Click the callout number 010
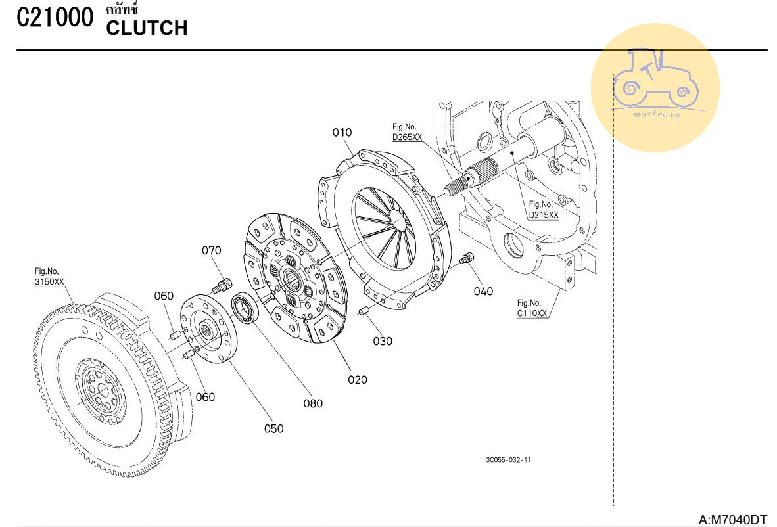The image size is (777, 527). pyautogui.click(x=342, y=133)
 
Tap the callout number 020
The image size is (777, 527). pyautogui.click(x=358, y=380)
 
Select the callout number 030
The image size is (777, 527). pyautogui.click(x=383, y=341)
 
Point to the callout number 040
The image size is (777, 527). pyautogui.click(x=483, y=291)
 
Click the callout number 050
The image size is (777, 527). pyautogui.click(x=273, y=429)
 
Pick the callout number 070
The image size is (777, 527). pyautogui.click(x=212, y=250)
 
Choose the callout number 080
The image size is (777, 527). pyautogui.click(x=313, y=403)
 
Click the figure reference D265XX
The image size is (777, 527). pyautogui.click(x=407, y=137)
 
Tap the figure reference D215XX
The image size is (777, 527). pyautogui.click(x=544, y=215)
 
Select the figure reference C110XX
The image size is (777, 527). pyautogui.click(x=532, y=313)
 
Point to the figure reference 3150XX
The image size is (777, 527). pyautogui.click(x=49, y=282)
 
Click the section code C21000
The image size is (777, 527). pyautogui.click(x=55, y=18)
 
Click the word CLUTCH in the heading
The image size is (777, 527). pyautogui.click(x=147, y=28)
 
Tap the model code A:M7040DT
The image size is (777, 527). pyautogui.click(x=732, y=520)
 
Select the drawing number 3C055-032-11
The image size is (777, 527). pyautogui.click(x=509, y=460)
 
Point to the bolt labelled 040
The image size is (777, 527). pyautogui.click(x=467, y=258)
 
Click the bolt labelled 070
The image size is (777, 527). pyautogui.click(x=222, y=285)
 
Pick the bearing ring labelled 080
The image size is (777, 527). pyautogui.click(x=246, y=308)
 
